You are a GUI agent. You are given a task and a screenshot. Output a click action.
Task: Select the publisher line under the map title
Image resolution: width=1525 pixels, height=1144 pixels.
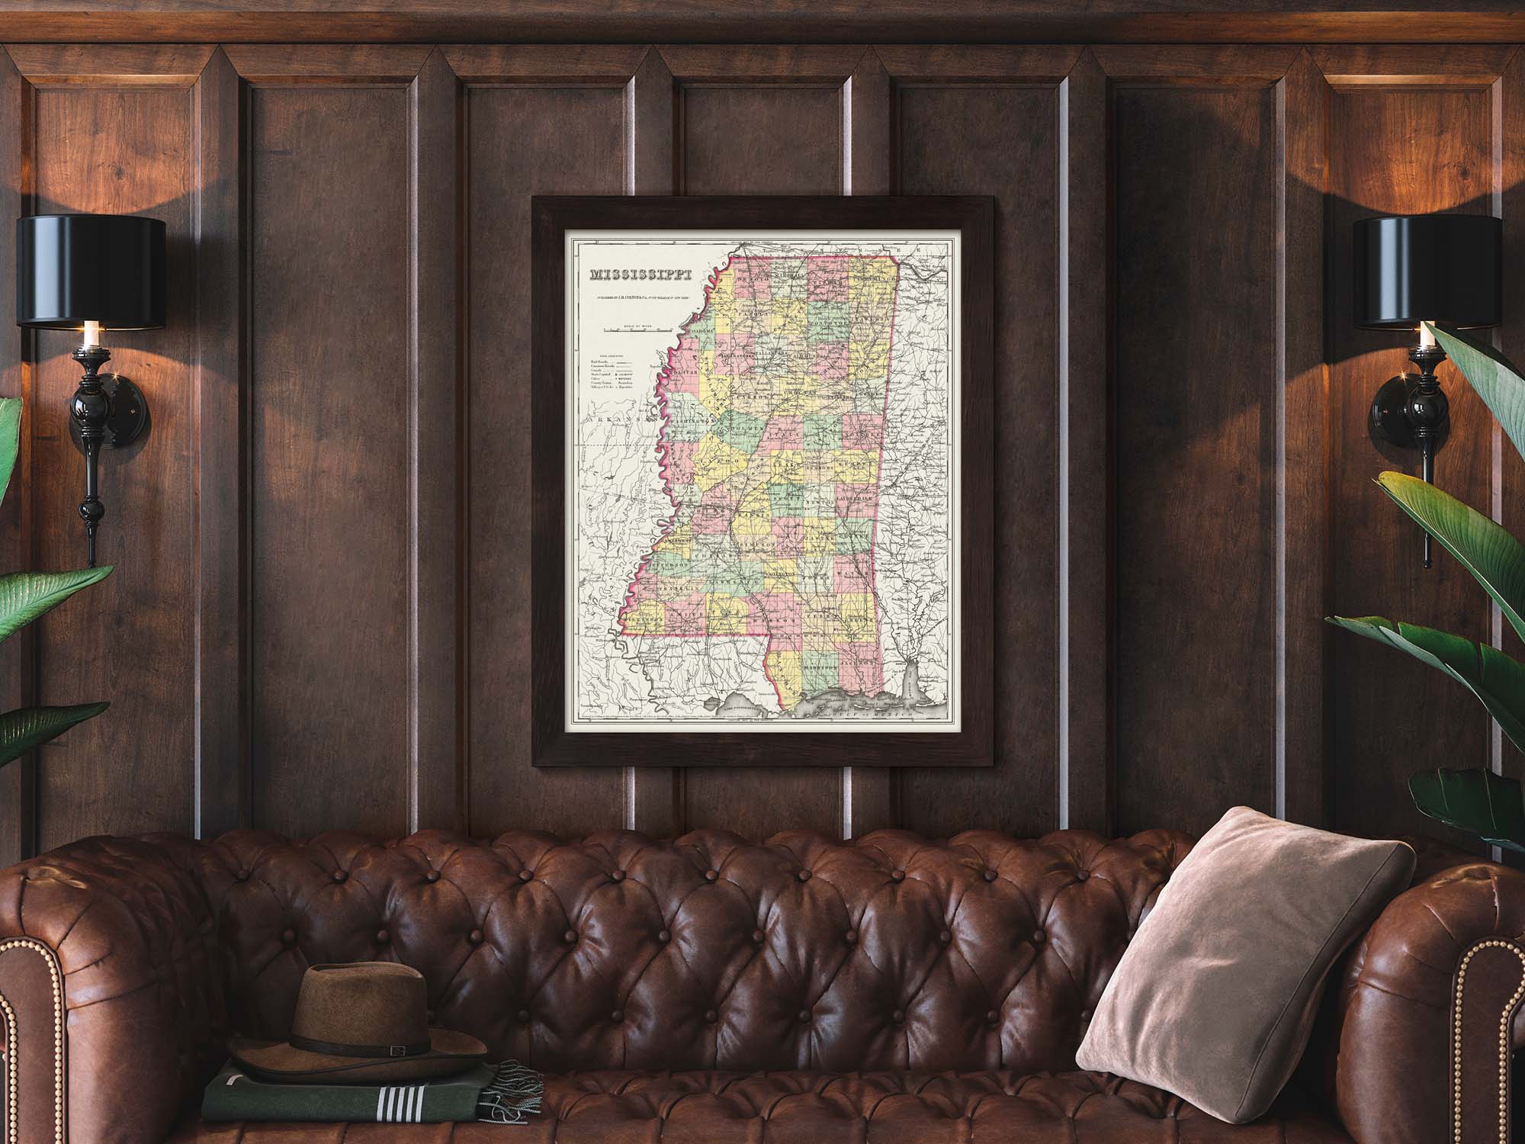coord(640,300)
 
